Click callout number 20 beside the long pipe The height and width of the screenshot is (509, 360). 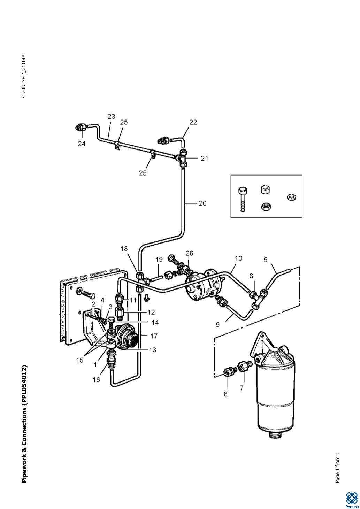pos(202,203)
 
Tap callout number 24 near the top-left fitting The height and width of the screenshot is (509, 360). pos(82,144)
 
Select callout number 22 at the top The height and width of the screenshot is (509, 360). pos(193,122)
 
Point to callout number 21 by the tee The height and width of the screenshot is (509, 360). pos(204,159)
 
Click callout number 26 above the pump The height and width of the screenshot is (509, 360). pos(189,253)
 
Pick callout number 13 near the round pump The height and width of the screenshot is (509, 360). pos(153,350)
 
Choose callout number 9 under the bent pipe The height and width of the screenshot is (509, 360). pos(217,325)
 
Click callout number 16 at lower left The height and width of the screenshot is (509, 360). pos(96,379)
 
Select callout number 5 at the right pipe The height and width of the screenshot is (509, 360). pos(266,260)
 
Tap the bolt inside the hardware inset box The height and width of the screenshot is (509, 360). pos(243,200)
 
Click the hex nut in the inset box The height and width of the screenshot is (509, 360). pos(265,207)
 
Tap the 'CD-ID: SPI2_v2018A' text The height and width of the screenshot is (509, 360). pos(24,76)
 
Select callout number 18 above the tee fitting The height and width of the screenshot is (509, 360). pos(124,249)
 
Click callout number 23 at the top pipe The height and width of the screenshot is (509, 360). pos(111,117)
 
